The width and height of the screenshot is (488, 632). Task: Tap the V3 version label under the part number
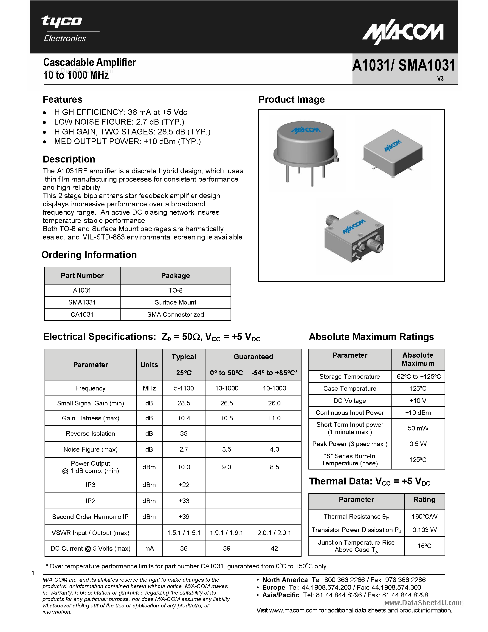pyautogui.click(x=440, y=78)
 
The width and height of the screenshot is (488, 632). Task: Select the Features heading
pyautogui.click(x=62, y=100)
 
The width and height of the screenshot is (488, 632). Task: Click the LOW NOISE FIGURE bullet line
pyautogui.click(x=119, y=122)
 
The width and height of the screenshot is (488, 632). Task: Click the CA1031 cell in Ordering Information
pyautogui.click(x=82, y=315)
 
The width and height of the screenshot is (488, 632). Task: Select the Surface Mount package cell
pyautogui.click(x=175, y=302)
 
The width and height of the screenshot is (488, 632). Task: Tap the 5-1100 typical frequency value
pyautogui.click(x=184, y=388)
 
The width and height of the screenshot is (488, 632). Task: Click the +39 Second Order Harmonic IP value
pyautogui.click(x=184, y=517)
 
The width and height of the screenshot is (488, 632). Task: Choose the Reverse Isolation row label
pyautogui.click(x=90, y=433)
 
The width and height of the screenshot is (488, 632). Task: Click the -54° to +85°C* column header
pyautogui.click(x=274, y=373)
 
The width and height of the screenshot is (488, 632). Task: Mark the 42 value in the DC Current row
pyautogui.click(x=274, y=548)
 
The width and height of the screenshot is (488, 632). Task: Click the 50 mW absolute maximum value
pyautogui.click(x=418, y=428)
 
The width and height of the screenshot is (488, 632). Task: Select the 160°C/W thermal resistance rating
pyautogui.click(x=424, y=517)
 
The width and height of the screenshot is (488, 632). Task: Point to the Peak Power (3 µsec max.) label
pyautogui.click(x=350, y=444)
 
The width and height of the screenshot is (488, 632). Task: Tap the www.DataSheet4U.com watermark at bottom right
pyautogui.click(x=423, y=603)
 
